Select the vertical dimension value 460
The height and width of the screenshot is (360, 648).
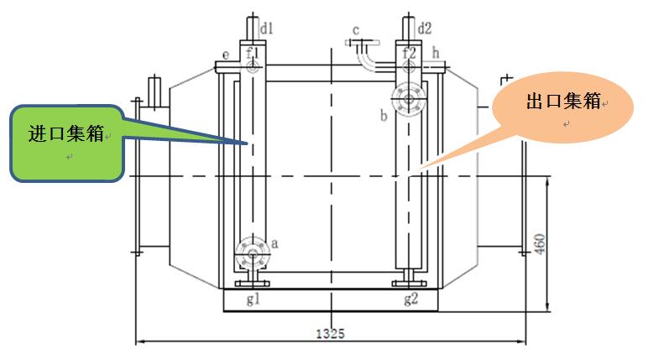coord(541,243)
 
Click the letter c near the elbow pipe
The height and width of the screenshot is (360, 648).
coord(356,31)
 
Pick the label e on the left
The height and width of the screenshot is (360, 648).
coord(226,55)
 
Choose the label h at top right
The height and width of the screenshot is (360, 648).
coord(436,53)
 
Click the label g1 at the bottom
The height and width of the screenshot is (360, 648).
coord(253,299)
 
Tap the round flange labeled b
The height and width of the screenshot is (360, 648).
coord(409,99)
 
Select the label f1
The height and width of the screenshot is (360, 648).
coord(253,54)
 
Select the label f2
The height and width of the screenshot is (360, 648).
coord(409,53)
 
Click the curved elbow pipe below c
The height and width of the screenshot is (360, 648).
coord(366,60)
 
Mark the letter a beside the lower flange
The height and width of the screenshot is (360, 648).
coord(274,242)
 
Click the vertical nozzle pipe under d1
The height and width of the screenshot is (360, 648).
coord(253,32)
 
